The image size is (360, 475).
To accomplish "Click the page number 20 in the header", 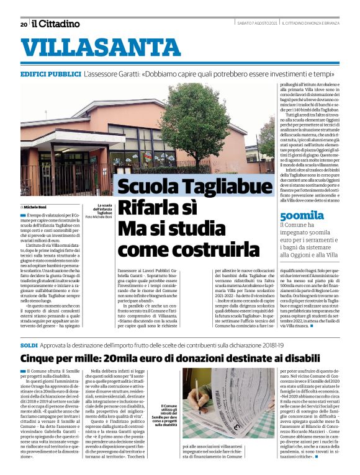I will pos(24,24).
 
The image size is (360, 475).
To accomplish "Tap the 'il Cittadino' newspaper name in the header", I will pos(56,24).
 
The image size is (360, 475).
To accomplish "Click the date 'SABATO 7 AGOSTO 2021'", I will pos(257,24).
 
